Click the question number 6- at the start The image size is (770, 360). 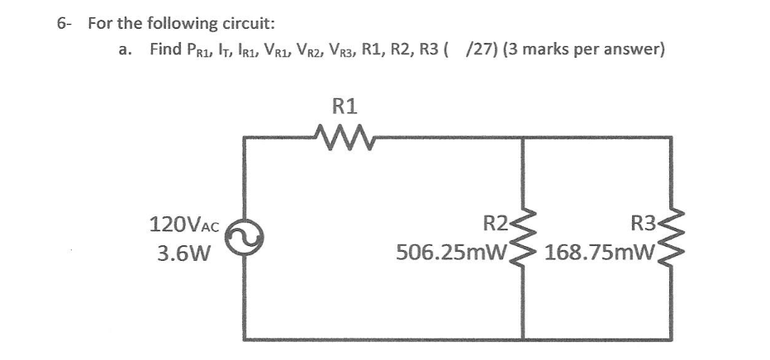coord(64,21)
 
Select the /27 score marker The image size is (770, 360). coord(475,50)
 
